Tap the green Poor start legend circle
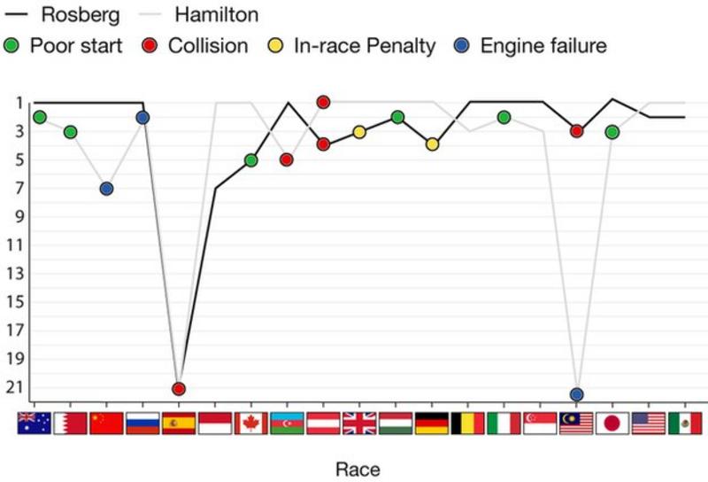12,46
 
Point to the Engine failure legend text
543,46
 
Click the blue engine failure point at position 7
106,189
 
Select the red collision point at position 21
179,388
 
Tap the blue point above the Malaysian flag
577,394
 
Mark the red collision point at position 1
323,102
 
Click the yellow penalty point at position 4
432,144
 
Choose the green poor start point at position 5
250,160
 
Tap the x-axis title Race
358,468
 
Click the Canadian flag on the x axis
250,424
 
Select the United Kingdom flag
359,424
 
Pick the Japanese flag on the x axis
612,424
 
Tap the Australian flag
34,424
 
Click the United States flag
649,424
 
